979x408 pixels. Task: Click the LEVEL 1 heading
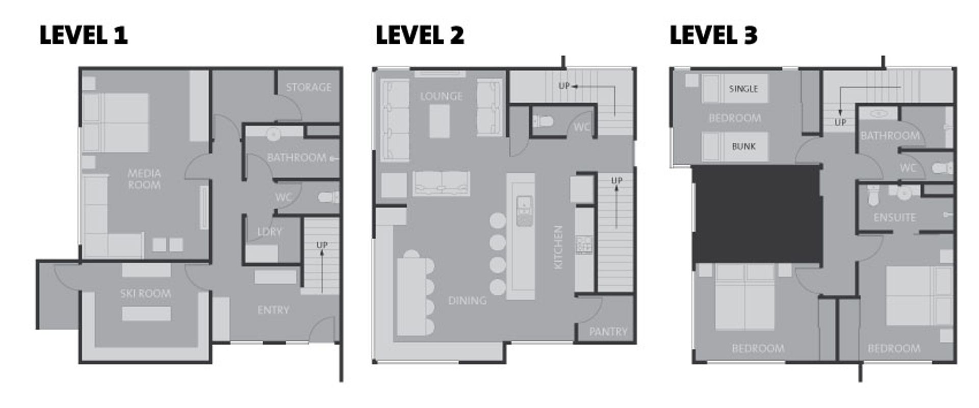pyautogui.click(x=84, y=35)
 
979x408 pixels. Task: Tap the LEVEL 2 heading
pyautogui.click(x=420, y=35)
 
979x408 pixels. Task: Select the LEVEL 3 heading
pyautogui.click(x=713, y=35)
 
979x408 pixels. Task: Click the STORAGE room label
pyautogui.click(x=308, y=87)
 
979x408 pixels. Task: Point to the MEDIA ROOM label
pyautogui.click(x=144, y=179)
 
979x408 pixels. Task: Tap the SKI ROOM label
pyautogui.click(x=145, y=293)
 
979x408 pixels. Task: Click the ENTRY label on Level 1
pyautogui.click(x=273, y=310)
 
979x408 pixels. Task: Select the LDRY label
pyautogui.click(x=269, y=232)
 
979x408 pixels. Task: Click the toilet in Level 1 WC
pyautogui.click(x=328, y=197)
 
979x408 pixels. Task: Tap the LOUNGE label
pyautogui.click(x=442, y=96)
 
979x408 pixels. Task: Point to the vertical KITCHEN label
pyautogui.click(x=558, y=247)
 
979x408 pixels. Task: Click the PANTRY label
pyautogui.click(x=608, y=332)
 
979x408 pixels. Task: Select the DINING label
pyautogui.click(x=467, y=300)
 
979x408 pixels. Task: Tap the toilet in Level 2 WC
pyautogui.click(x=543, y=121)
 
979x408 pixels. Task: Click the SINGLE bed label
pyautogui.click(x=743, y=89)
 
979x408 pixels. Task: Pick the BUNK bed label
pyautogui.click(x=743, y=146)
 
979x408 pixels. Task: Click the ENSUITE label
pyautogui.click(x=894, y=218)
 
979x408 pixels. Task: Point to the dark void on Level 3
pyautogui.click(x=757, y=214)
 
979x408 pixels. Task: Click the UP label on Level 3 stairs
pyautogui.click(x=840, y=122)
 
